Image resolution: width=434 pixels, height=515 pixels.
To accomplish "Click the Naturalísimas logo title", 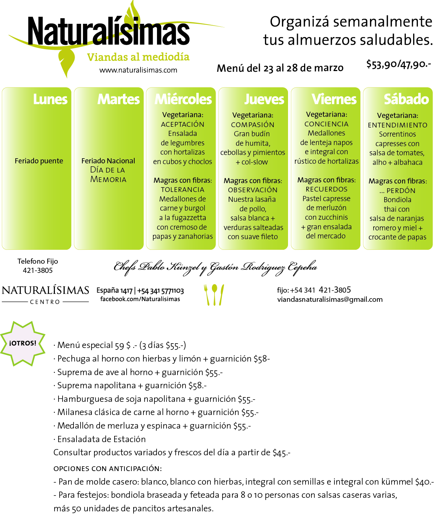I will (108, 32).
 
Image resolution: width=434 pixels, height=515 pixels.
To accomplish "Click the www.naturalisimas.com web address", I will (138, 70).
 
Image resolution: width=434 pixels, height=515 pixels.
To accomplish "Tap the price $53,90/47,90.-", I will (399, 64).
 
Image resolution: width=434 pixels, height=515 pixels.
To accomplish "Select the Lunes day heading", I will (50, 99).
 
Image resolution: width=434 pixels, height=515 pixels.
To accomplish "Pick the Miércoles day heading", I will (183, 99).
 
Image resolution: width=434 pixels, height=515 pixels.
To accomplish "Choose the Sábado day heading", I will (406, 99).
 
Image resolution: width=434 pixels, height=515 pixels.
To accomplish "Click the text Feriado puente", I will (39, 161).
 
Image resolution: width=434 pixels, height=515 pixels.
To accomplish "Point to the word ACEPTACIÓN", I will (183, 124).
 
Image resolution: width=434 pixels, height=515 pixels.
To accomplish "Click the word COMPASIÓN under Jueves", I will (252, 125).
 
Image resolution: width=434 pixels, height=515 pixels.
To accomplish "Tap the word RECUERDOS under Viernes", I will (326, 189).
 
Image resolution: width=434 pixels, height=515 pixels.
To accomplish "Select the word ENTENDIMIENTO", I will (397, 125).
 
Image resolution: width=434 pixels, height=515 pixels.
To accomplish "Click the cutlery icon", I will (214, 294).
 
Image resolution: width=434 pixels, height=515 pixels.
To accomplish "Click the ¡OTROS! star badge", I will (23, 343).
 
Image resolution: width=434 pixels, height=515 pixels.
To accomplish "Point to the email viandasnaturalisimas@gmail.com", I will (330, 300).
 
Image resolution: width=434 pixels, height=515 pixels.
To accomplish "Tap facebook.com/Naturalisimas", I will (140, 299).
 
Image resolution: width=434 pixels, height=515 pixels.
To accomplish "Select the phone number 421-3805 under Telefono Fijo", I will (38, 270).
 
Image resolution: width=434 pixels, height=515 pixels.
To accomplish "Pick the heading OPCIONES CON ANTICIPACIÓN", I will (108, 468).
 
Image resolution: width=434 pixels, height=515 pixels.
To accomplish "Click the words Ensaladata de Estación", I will (101, 439).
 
